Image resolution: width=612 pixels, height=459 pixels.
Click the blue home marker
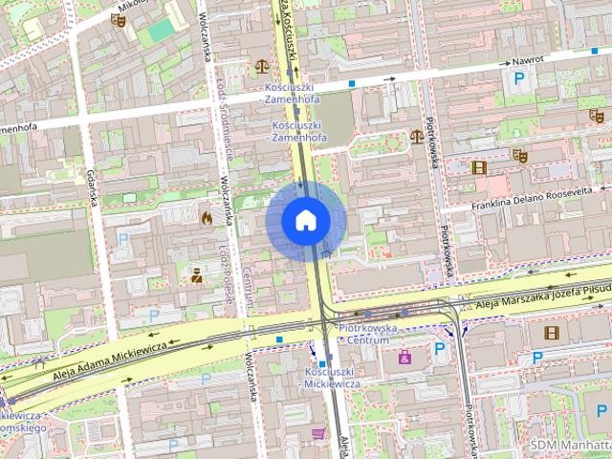[305, 220]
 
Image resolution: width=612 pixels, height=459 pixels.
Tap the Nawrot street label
[528, 61]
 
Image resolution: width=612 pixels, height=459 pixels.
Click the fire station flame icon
[206, 218]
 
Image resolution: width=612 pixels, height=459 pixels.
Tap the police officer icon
[196, 276]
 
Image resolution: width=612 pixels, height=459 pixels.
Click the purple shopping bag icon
[404, 357]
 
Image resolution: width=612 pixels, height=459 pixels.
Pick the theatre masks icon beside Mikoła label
[119, 19]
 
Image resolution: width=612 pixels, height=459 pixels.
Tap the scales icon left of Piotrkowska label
[415, 136]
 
